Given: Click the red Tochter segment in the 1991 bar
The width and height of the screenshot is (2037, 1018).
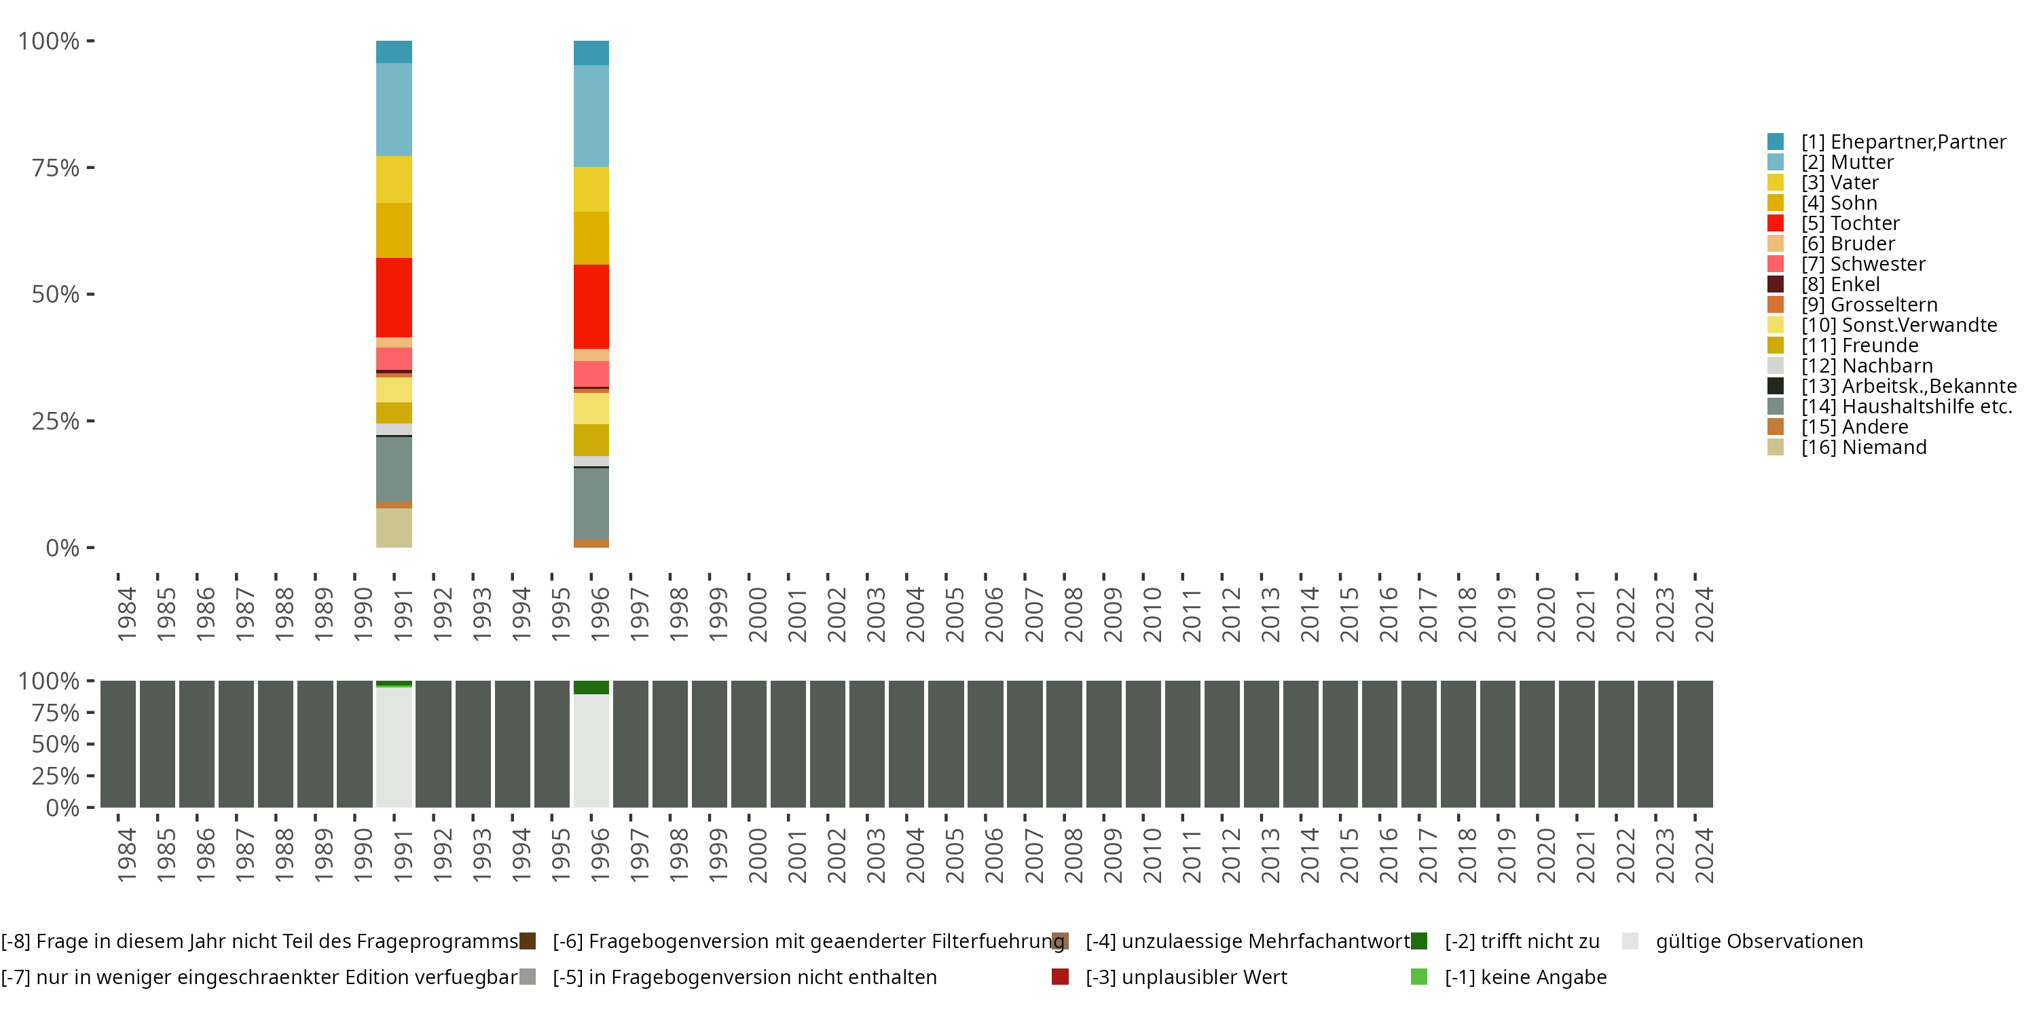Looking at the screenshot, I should [393, 297].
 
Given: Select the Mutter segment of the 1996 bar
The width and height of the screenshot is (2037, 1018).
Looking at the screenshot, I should [591, 115].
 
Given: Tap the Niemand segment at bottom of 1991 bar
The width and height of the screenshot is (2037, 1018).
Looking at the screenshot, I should [393, 527].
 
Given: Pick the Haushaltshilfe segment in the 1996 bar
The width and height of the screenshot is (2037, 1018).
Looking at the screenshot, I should [591, 504].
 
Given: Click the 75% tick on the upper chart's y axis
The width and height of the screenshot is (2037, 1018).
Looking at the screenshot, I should [56, 168].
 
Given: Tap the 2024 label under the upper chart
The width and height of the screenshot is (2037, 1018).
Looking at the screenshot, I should [1704, 614].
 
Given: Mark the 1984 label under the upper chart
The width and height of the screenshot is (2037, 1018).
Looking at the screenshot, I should [126, 614].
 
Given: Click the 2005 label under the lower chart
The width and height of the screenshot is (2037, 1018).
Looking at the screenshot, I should [955, 855].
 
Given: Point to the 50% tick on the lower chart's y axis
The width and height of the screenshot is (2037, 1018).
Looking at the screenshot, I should [56, 744].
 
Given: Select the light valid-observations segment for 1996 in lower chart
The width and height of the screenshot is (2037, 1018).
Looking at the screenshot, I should [591, 751].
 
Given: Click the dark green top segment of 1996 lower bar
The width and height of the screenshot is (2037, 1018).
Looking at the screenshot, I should [591, 687].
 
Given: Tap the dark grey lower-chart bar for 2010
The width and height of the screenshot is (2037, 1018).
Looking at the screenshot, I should [1143, 744].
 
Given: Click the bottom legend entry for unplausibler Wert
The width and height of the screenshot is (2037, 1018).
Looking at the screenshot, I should [1185, 977].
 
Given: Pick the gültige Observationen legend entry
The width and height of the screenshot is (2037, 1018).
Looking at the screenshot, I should [1758, 941].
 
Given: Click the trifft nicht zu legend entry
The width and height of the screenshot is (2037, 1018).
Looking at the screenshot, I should [1521, 941].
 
